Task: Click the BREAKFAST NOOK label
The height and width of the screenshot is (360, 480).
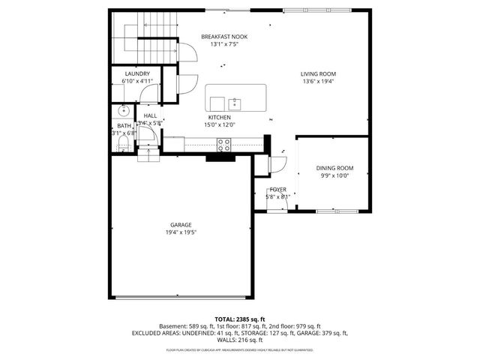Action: tap(223, 36)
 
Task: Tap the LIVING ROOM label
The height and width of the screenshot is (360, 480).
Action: tap(317, 74)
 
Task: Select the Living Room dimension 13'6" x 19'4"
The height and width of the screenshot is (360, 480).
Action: tap(317, 82)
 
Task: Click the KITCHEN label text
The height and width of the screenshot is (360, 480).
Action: tap(219, 118)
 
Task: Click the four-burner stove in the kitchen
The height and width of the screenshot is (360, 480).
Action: tap(223, 142)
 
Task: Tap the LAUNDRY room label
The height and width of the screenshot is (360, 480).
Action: tap(137, 73)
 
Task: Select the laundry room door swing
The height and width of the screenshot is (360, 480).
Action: tap(152, 95)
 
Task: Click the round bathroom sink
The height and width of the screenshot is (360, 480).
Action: tap(124, 111)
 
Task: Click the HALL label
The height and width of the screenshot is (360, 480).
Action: tap(150, 115)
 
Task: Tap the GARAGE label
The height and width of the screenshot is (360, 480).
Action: tap(181, 224)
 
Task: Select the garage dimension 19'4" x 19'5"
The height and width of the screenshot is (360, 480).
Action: tap(181, 232)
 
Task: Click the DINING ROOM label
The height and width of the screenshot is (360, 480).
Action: tap(334, 168)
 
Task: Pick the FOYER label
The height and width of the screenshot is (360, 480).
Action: tap(278, 190)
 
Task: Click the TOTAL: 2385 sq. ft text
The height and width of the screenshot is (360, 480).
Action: tap(240, 319)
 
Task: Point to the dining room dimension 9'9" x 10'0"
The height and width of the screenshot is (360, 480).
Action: tap(334, 175)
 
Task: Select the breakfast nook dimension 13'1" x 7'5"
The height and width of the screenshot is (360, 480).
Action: tap(223, 43)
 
